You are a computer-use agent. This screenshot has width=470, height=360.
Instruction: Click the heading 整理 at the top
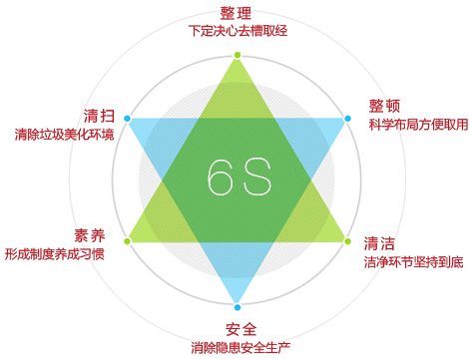(235, 13)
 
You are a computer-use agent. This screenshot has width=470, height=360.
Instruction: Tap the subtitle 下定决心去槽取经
(237, 31)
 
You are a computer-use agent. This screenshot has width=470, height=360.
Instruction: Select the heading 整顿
(384, 106)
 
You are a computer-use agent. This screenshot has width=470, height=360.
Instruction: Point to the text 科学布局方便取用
(418, 125)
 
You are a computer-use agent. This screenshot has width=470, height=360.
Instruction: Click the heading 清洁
(379, 243)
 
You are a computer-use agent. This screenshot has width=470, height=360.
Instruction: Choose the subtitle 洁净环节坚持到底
(413, 262)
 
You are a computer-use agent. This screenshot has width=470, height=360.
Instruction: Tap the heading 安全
(240, 330)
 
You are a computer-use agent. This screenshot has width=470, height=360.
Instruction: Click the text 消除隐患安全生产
(240, 348)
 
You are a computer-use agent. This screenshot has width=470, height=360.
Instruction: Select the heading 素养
(89, 235)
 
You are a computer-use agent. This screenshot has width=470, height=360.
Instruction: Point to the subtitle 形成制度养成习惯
(54, 254)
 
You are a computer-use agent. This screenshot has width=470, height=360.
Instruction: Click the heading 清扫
(99, 116)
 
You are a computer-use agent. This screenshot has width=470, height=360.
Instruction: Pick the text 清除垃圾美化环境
(64, 135)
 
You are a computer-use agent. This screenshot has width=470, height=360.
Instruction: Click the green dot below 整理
(237, 55)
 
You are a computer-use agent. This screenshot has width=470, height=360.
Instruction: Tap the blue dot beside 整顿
(347, 119)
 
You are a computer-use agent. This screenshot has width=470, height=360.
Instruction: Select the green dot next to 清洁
(347, 241)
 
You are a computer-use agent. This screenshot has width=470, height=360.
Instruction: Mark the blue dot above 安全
(237, 307)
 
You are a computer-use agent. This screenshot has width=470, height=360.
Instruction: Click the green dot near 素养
(127, 241)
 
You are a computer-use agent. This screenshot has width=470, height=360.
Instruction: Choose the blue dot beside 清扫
(127, 119)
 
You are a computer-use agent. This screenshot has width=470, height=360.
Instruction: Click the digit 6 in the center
(220, 177)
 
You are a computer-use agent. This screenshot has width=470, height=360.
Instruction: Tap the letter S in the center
(257, 177)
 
